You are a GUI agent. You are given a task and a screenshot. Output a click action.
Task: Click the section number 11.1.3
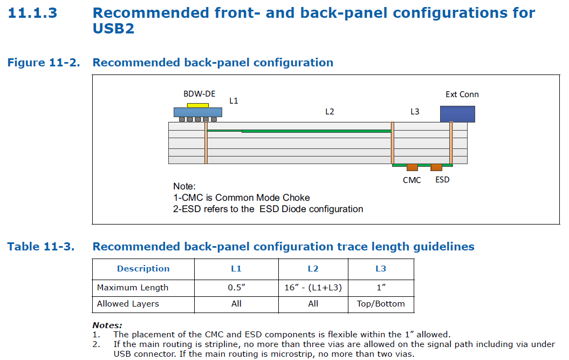[32, 13]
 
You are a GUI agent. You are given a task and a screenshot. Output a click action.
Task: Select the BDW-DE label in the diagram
[199, 94]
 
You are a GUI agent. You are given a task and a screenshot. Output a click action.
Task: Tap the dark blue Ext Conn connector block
[457, 114]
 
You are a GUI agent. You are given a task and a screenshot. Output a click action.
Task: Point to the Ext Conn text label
[462, 94]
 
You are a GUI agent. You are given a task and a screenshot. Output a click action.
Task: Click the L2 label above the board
[330, 112]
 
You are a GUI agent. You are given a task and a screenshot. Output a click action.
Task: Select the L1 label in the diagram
[234, 101]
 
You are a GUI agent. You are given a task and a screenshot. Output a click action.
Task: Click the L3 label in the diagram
[414, 112]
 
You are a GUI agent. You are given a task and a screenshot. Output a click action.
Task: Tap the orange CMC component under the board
[412, 167]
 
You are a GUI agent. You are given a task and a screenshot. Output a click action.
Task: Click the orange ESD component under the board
[436, 167]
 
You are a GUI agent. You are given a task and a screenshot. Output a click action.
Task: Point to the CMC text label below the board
[412, 180]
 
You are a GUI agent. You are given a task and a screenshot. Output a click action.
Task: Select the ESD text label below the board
[442, 180]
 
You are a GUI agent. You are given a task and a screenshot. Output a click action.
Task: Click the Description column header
[143, 269]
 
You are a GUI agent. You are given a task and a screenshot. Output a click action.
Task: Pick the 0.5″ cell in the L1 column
[236, 288]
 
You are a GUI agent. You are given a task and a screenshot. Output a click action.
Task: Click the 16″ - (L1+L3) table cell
[313, 288]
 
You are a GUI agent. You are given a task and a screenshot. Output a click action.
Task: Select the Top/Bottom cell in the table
[381, 304]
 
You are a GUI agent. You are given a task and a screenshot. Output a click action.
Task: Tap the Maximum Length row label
[133, 288]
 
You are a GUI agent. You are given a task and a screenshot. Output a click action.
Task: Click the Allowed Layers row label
[128, 304]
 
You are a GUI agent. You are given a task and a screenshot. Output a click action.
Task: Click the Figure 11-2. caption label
[44, 63]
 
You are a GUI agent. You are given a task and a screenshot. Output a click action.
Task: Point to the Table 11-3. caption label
[41, 247]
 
